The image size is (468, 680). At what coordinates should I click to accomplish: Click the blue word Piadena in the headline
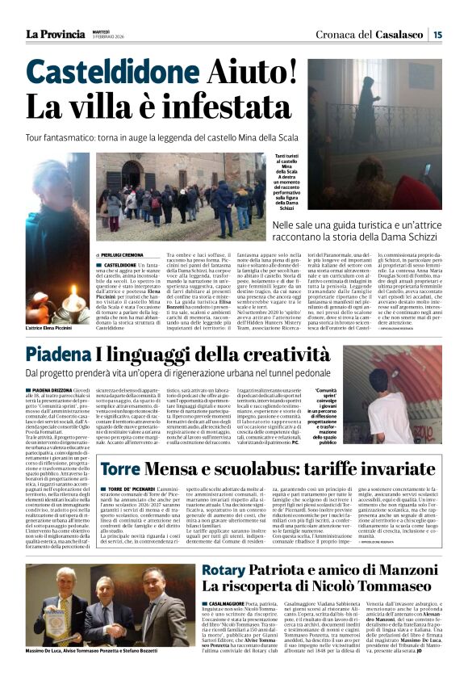click(x=78, y=353)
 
